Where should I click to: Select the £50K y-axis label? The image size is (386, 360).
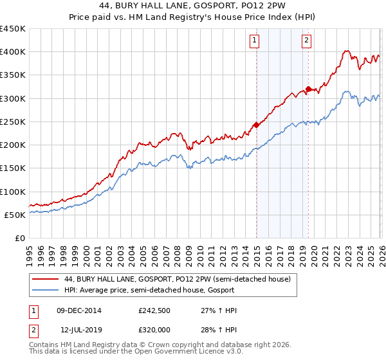coord(15,215)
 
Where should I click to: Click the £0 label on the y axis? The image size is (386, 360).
coord(20,238)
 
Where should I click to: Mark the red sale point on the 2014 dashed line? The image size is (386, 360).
coord(256,125)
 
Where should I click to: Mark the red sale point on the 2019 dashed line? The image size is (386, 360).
coord(308,89)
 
